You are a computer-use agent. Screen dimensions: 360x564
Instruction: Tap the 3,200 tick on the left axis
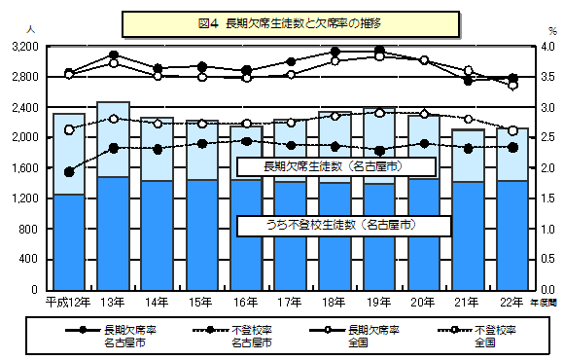point(22,46)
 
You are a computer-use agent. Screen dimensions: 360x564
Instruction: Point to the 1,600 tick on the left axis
point(22,167)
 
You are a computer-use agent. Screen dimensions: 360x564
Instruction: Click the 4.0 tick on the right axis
point(548,46)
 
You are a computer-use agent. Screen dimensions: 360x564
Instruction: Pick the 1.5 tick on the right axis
point(548,198)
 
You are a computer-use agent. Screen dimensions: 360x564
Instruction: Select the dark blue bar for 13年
point(113,234)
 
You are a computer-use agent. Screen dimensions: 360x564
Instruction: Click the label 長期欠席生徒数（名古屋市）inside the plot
point(335,166)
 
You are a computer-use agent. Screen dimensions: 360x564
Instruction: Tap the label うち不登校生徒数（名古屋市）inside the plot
point(342,225)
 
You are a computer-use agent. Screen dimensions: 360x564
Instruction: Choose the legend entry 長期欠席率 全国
point(374,336)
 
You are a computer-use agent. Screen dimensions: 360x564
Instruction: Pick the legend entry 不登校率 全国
point(495,336)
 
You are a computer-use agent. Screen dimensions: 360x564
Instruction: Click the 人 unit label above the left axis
point(33,29)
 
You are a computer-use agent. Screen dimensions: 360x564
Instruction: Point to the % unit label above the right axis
point(548,29)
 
